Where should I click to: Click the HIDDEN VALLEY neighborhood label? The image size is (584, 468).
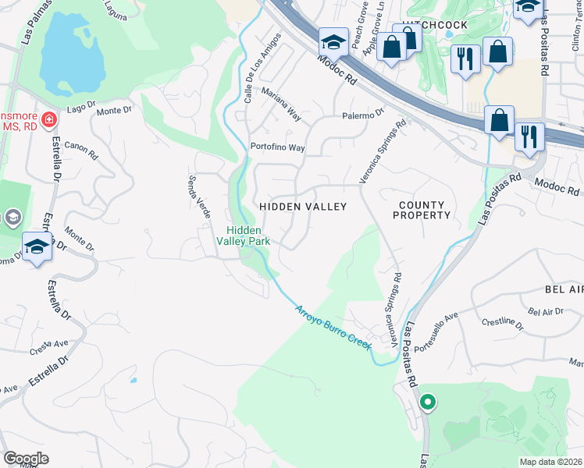[303, 206]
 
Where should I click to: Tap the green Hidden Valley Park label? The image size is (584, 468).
[249, 236]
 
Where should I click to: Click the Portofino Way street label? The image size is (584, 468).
[277, 147]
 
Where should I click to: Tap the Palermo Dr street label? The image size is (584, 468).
[364, 114]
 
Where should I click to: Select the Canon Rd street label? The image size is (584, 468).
[79, 146]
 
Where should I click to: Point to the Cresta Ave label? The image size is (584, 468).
[50, 347]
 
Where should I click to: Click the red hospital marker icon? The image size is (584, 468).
[49, 119]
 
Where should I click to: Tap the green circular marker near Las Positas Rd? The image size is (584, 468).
[427, 402]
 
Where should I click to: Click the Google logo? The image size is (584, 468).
[26, 459]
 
